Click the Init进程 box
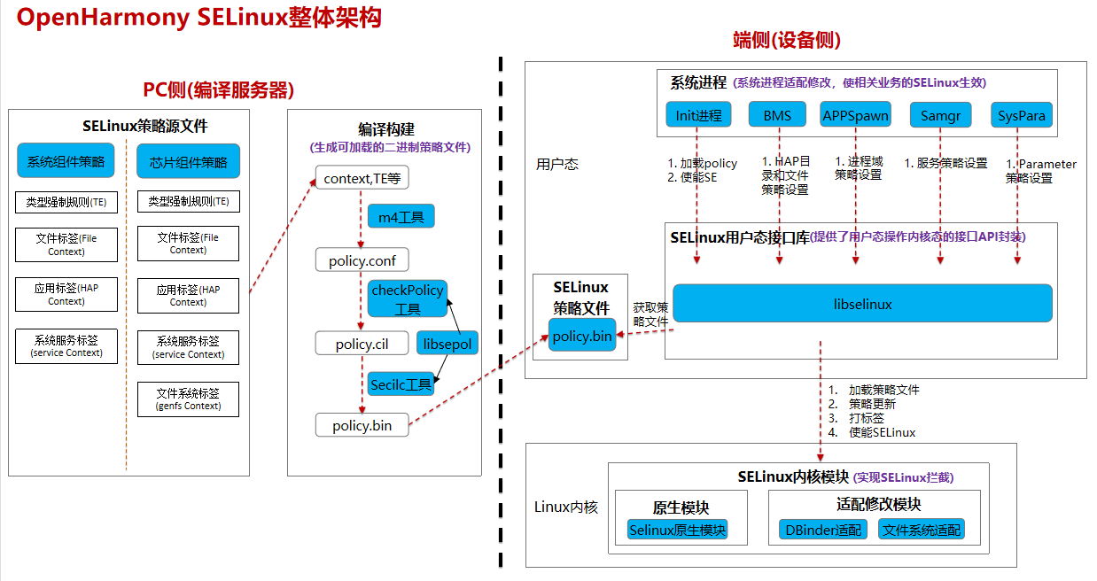(698, 115)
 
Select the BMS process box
(777, 115)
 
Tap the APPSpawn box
(855, 115)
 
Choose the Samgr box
(940, 115)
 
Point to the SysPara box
(1021, 115)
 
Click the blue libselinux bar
(862, 304)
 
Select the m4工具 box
(401, 217)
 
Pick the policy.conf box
(362, 260)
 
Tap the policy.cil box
(362, 344)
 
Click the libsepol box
(447, 344)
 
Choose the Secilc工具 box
(401, 384)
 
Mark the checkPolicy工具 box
(408, 299)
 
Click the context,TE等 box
(362, 178)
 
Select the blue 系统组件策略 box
(66, 161)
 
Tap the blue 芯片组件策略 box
(188, 161)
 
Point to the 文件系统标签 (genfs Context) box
(188, 399)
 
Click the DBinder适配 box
(823, 530)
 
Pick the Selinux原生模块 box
(677, 530)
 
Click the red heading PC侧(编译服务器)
(218, 90)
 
